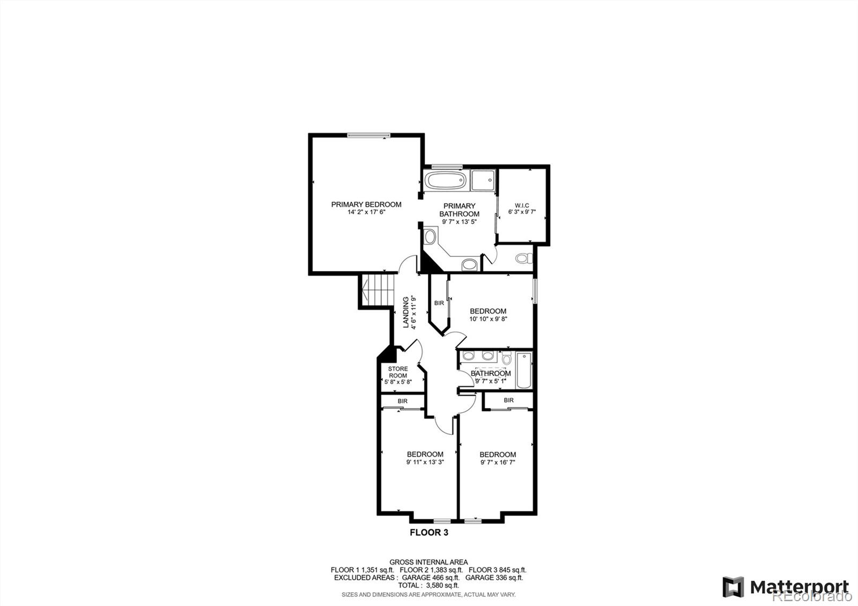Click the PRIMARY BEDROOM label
[x=366, y=204]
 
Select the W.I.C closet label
[x=522, y=205]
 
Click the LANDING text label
[x=406, y=312]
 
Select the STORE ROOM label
[x=398, y=372]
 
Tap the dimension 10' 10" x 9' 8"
[x=488, y=319]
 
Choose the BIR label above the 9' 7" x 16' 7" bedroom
[x=508, y=400]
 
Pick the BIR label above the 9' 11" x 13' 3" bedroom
[x=403, y=401]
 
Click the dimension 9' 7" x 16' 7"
[x=498, y=462]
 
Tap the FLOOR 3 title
[x=428, y=533]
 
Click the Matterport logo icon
[x=733, y=587]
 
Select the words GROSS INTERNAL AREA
[x=428, y=562]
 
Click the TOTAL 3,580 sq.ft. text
[x=428, y=586]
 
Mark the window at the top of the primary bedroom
[x=368, y=135]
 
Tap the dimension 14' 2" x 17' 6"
[x=366, y=212]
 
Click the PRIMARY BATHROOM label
[x=460, y=210]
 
